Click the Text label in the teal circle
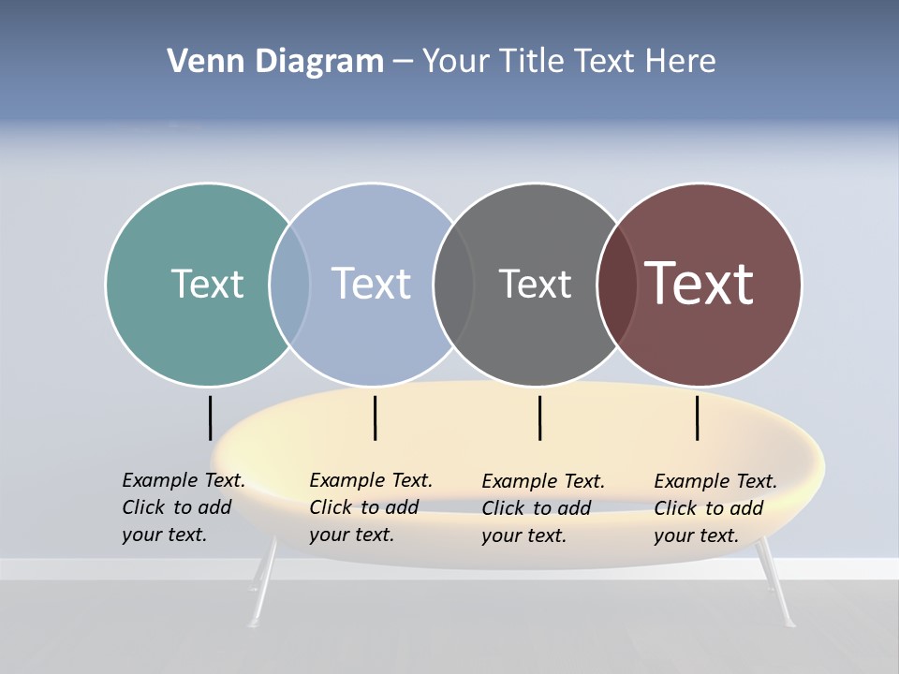tap(207, 284)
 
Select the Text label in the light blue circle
tap(372, 284)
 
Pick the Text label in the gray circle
tap(535, 284)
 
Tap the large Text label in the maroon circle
tap(700, 284)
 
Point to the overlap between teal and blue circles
tap(289, 284)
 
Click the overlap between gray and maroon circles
tap(617, 284)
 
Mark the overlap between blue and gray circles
tap(453, 284)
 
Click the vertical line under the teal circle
tap(211, 418)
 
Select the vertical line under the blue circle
tap(375, 418)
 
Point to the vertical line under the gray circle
tap(540, 418)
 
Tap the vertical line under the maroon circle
tap(698, 418)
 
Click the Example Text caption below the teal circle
tap(183, 507)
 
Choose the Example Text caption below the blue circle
tap(370, 507)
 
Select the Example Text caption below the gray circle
tap(542, 508)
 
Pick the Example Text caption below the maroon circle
tap(715, 508)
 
